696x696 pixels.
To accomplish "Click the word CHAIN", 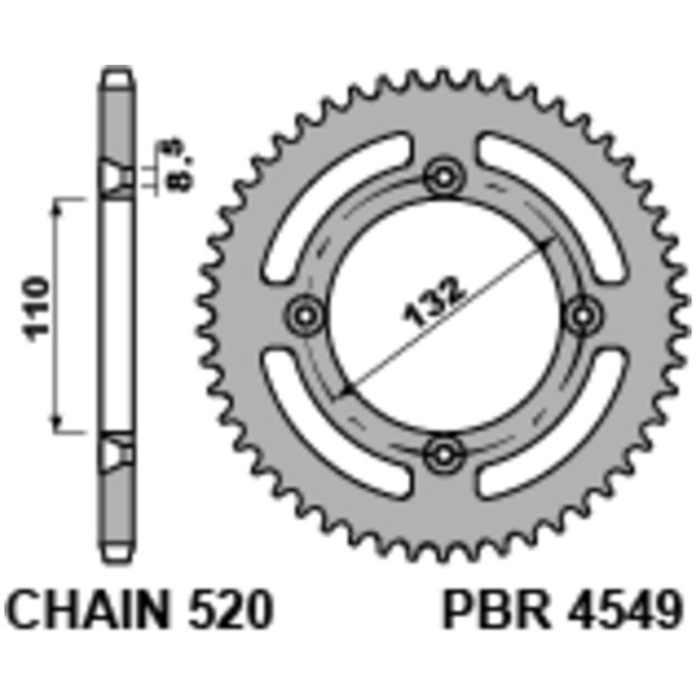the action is click(89, 609).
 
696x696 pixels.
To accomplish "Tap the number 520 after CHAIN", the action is click(229, 609).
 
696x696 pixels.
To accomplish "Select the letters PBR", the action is click(496, 609).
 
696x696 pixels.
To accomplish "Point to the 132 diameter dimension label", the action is click(434, 302).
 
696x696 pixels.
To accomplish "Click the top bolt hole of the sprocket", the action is click(444, 177).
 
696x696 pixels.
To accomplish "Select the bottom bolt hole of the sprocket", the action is click(444, 454).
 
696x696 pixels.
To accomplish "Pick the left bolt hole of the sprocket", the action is click(305, 316).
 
